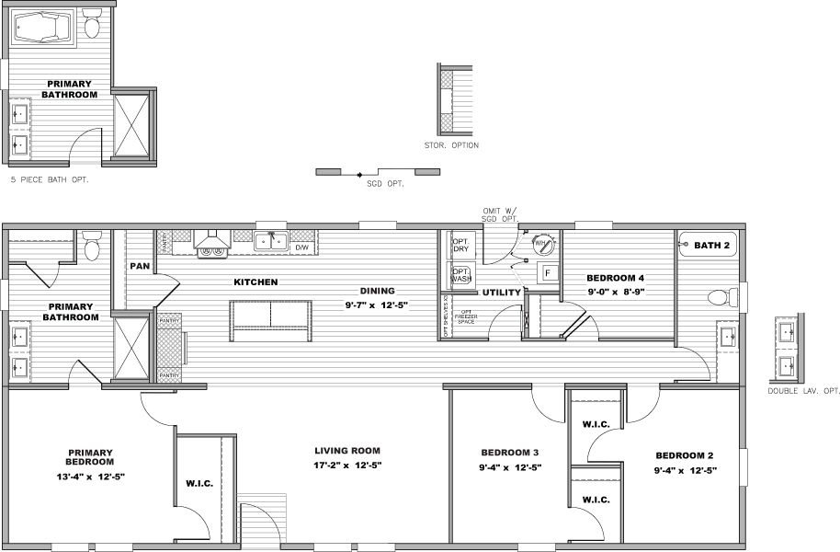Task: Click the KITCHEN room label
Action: [255, 282]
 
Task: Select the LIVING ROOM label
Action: [347, 451]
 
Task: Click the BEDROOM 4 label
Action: [616, 277]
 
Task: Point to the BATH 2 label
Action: [711, 245]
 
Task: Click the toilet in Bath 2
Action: [721, 297]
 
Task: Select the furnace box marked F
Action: [547, 273]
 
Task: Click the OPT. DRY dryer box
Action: [460, 247]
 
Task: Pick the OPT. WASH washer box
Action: [460, 276]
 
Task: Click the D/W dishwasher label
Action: [302, 247]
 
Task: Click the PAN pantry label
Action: [139, 266]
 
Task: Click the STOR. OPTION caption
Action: [451, 145]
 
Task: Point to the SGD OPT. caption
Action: [379, 183]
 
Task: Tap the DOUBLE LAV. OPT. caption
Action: [804, 391]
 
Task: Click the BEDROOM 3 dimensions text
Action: [511, 468]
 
